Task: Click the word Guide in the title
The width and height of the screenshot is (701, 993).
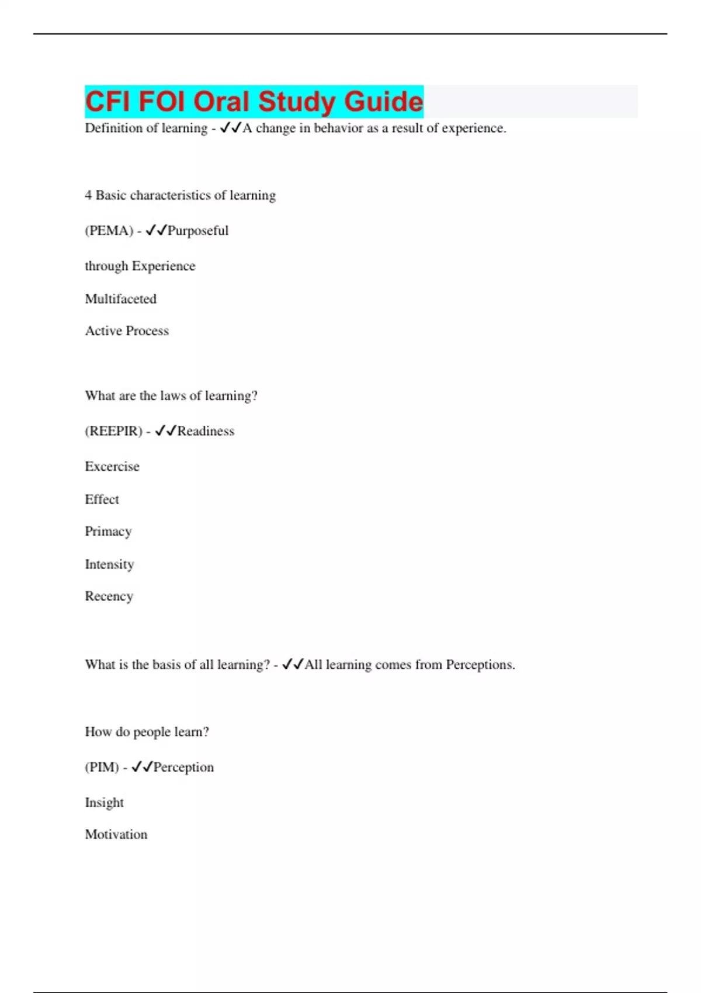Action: tap(383, 102)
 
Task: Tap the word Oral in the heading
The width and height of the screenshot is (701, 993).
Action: tap(222, 102)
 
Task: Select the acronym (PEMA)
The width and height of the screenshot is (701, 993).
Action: tap(109, 231)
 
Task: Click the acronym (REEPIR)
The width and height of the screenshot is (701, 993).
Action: tap(114, 431)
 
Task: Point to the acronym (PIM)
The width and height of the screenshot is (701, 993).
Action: tap(102, 767)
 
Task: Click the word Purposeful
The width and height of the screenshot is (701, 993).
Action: tap(198, 231)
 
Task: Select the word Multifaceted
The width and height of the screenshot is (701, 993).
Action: tap(121, 299)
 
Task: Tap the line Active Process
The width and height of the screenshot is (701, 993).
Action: tap(127, 331)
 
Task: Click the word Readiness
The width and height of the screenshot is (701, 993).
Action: tap(206, 431)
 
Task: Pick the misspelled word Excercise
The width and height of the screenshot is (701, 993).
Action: tap(112, 466)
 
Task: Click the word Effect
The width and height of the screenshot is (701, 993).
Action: tap(102, 499)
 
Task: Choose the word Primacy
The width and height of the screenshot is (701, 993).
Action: tap(108, 532)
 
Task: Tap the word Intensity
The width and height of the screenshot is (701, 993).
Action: tap(109, 564)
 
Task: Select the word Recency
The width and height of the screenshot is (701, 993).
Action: tap(109, 596)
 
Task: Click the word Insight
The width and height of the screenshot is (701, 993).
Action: tap(104, 803)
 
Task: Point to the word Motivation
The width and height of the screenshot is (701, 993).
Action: tap(116, 834)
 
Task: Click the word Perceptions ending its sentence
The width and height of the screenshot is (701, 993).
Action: tap(480, 665)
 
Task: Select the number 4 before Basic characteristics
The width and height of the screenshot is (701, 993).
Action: tap(88, 195)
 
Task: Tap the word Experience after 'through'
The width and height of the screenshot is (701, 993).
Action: tap(164, 266)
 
